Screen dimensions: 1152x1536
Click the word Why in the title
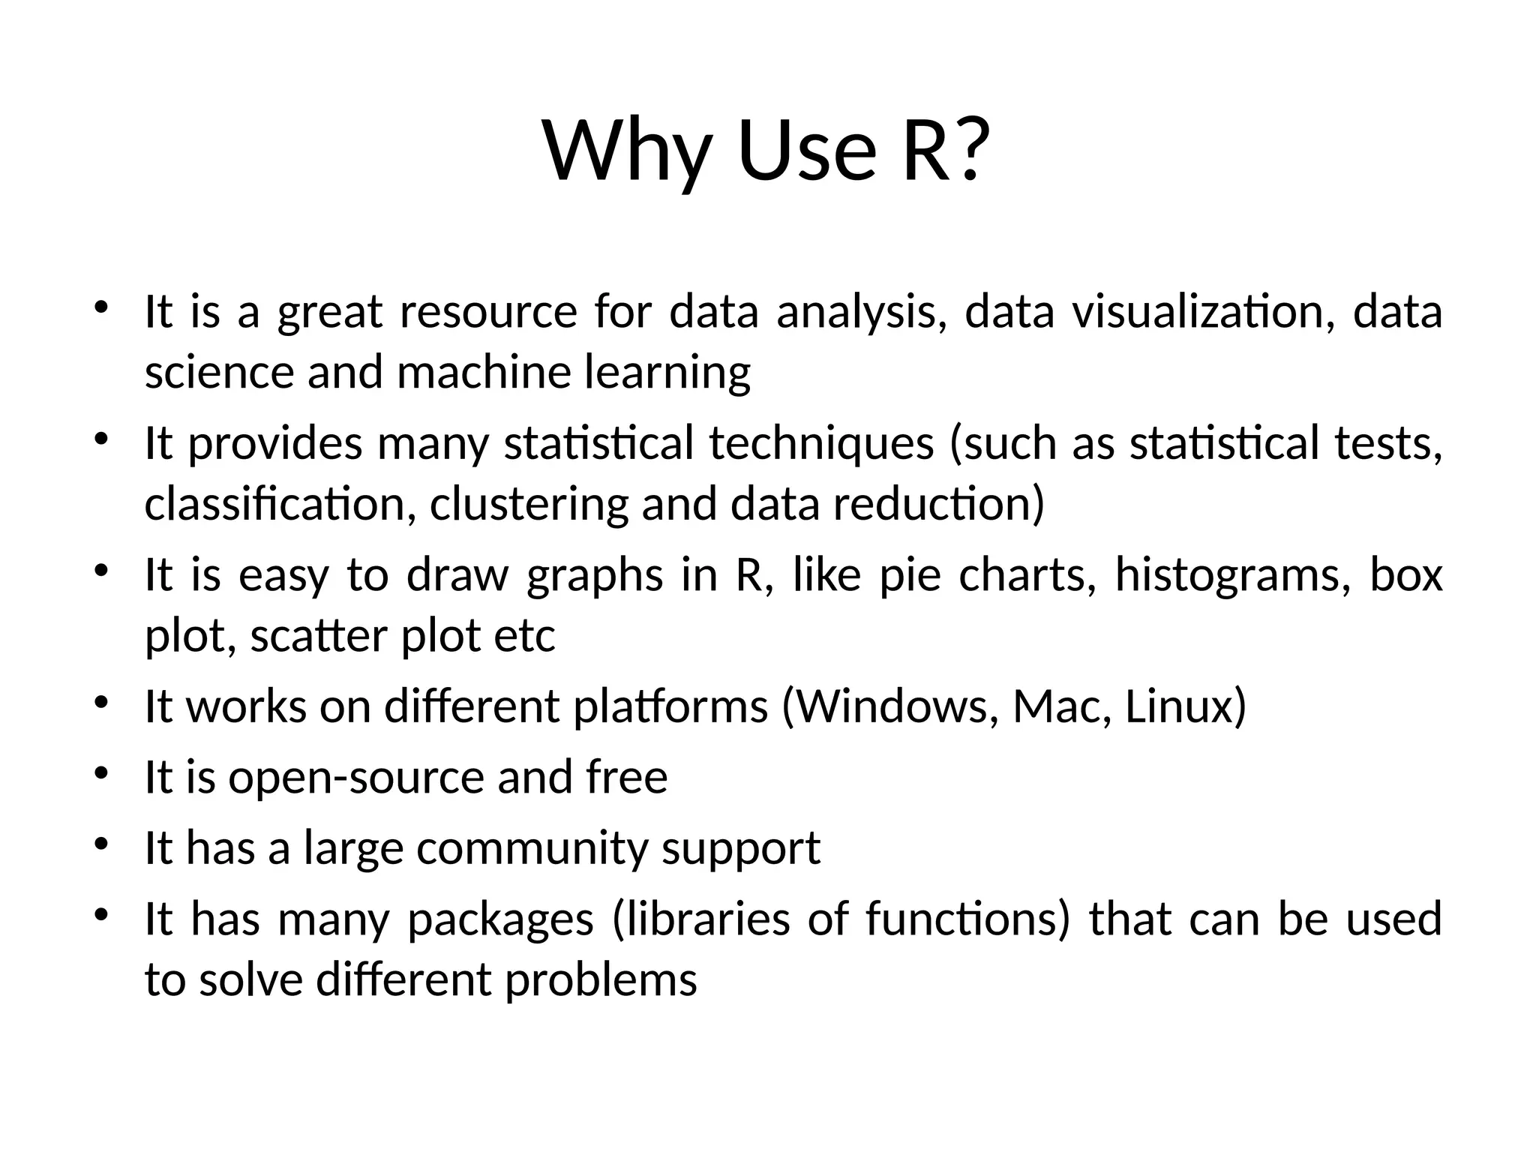click(626, 154)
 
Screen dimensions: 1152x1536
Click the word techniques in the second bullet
click(821, 443)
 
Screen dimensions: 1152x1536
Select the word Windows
click(895, 706)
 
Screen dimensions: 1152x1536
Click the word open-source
click(355, 777)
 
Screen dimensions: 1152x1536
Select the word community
click(532, 847)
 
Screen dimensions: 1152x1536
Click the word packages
click(500, 919)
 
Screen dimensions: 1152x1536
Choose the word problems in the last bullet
click(601, 979)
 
